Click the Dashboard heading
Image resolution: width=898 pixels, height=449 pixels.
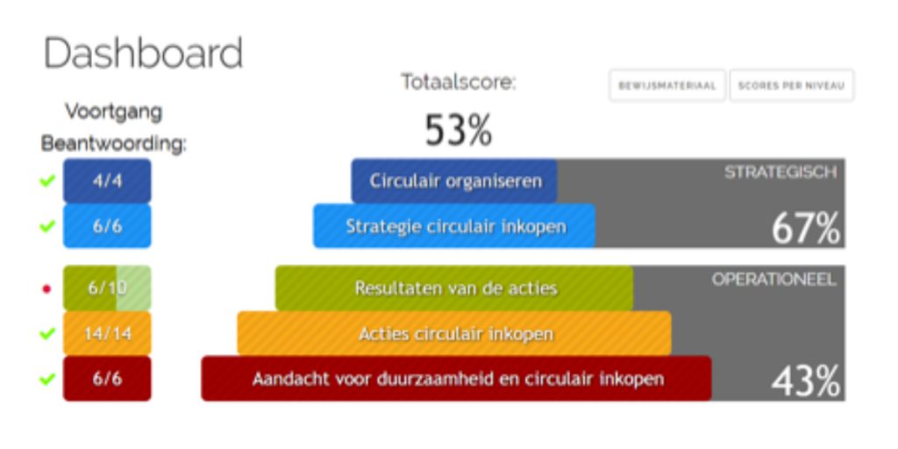tap(143, 53)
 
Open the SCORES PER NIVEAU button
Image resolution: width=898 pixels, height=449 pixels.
tap(792, 86)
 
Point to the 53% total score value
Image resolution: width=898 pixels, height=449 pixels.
tap(458, 130)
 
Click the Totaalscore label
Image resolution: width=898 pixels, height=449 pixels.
tap(458, 82)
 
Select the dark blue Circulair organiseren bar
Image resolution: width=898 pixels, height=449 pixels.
tap(454, 181)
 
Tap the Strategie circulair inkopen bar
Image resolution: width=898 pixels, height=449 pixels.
tap(455, 226)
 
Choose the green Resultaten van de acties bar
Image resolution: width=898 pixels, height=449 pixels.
tap(455, 288)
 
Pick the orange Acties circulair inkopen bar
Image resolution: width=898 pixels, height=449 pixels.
tap(455, 333)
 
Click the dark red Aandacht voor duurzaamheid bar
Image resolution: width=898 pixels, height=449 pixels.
tap(456, 379)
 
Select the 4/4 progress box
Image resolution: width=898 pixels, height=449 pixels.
tap(107, 181)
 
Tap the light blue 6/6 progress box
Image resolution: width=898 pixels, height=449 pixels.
tap(107, 226)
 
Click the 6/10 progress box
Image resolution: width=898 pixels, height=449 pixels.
tap(107, 288)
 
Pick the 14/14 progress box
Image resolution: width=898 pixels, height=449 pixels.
tap(107, 333)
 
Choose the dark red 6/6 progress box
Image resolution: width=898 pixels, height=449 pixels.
tap(107, 379)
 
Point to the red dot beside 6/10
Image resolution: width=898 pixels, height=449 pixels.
tap(47, 289)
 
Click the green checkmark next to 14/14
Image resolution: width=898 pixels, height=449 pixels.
tap(47, 333)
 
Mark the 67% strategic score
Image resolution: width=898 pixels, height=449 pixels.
tap(805, 229)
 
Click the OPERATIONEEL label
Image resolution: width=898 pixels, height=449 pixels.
tap(773, 279)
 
